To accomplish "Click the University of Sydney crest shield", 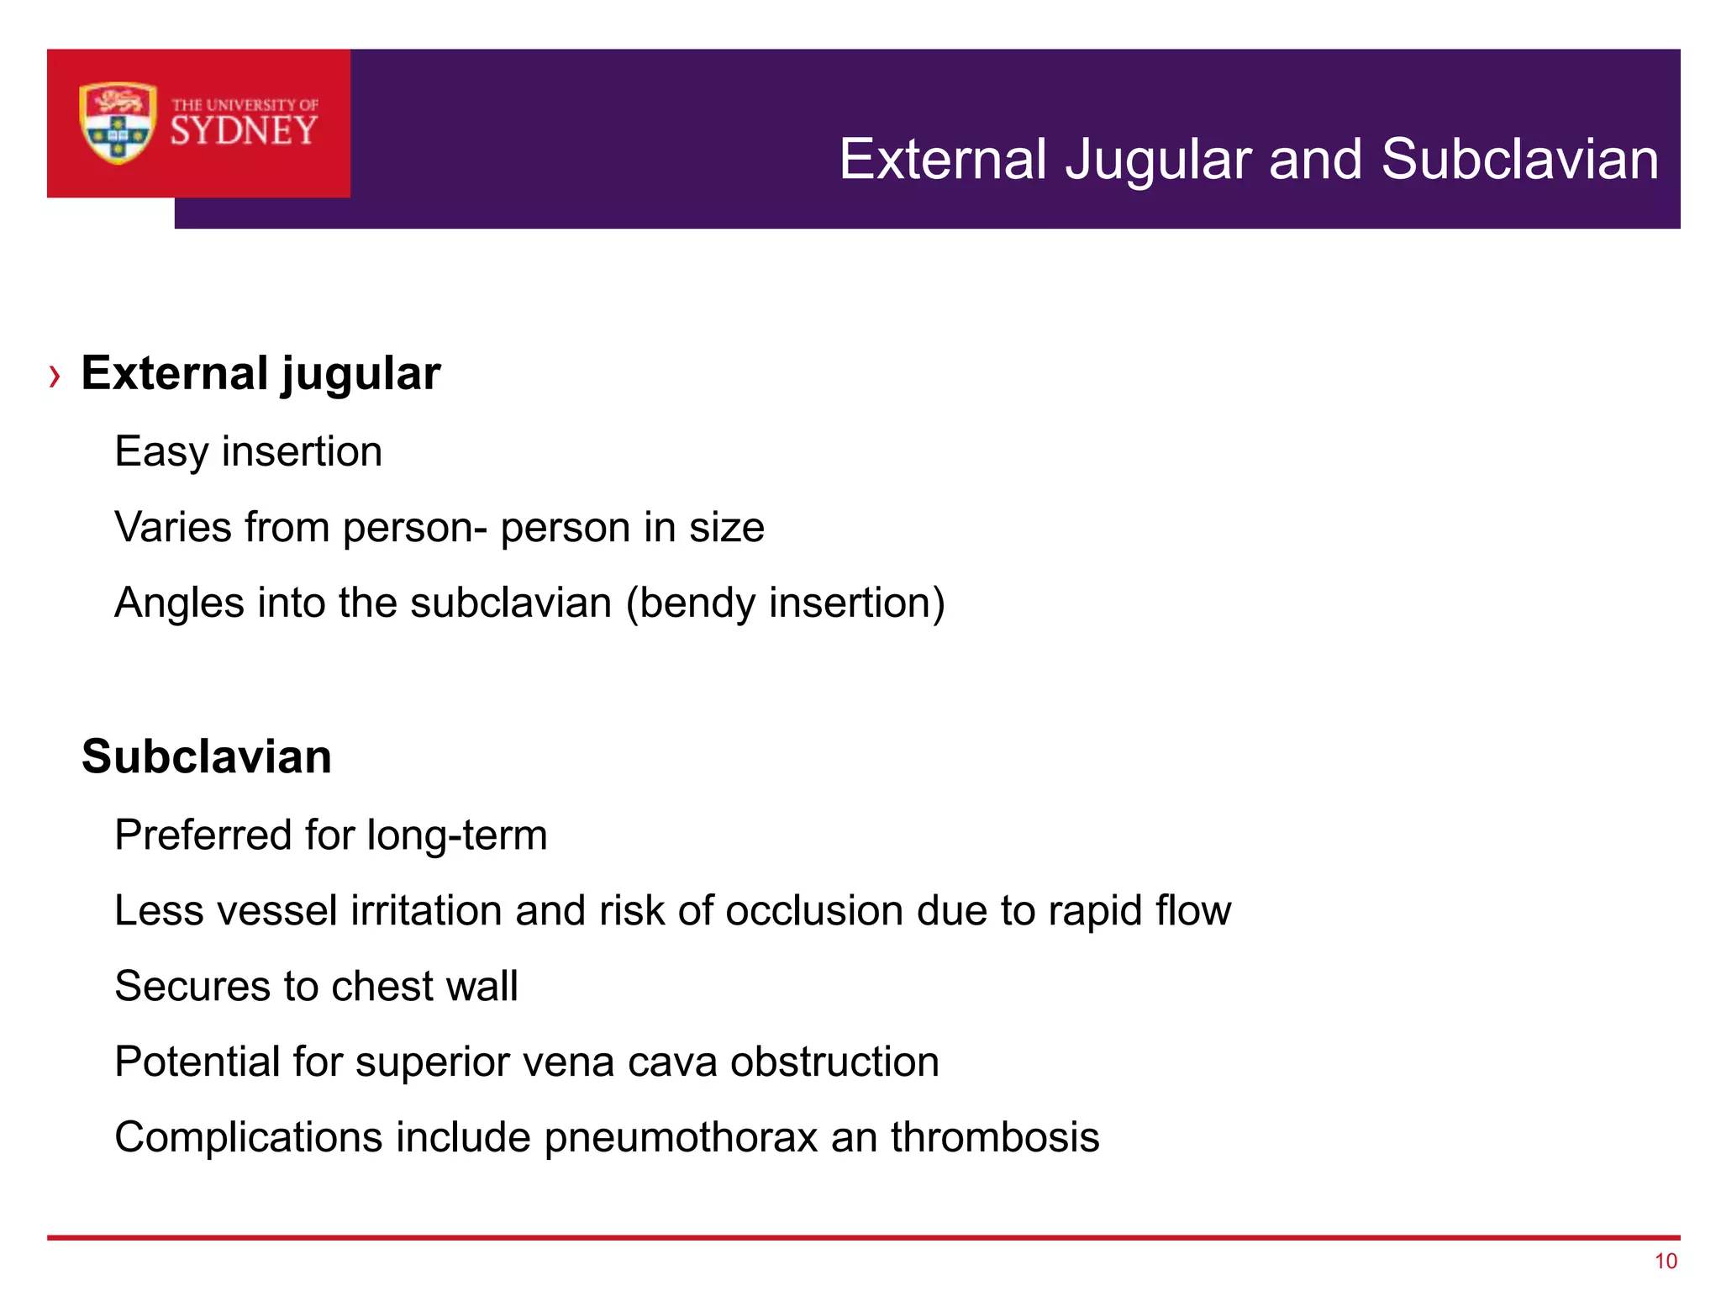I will (x=118, y=123).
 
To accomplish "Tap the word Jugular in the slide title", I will (x=1159, y=160).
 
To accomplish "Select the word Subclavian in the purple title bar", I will (x=1519, y=160).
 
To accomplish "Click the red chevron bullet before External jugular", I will (x=55, y=376).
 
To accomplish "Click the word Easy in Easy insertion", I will (x=161, y=452).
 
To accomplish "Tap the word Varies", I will (x=173, y=528).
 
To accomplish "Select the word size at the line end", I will (x=727, y=528).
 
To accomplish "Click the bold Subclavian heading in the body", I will (x=207, y=756).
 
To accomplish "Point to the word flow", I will (x=1193, y=911).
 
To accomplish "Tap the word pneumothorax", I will (x=681, y=1138).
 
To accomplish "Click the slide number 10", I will (x=1666, y=1261).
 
